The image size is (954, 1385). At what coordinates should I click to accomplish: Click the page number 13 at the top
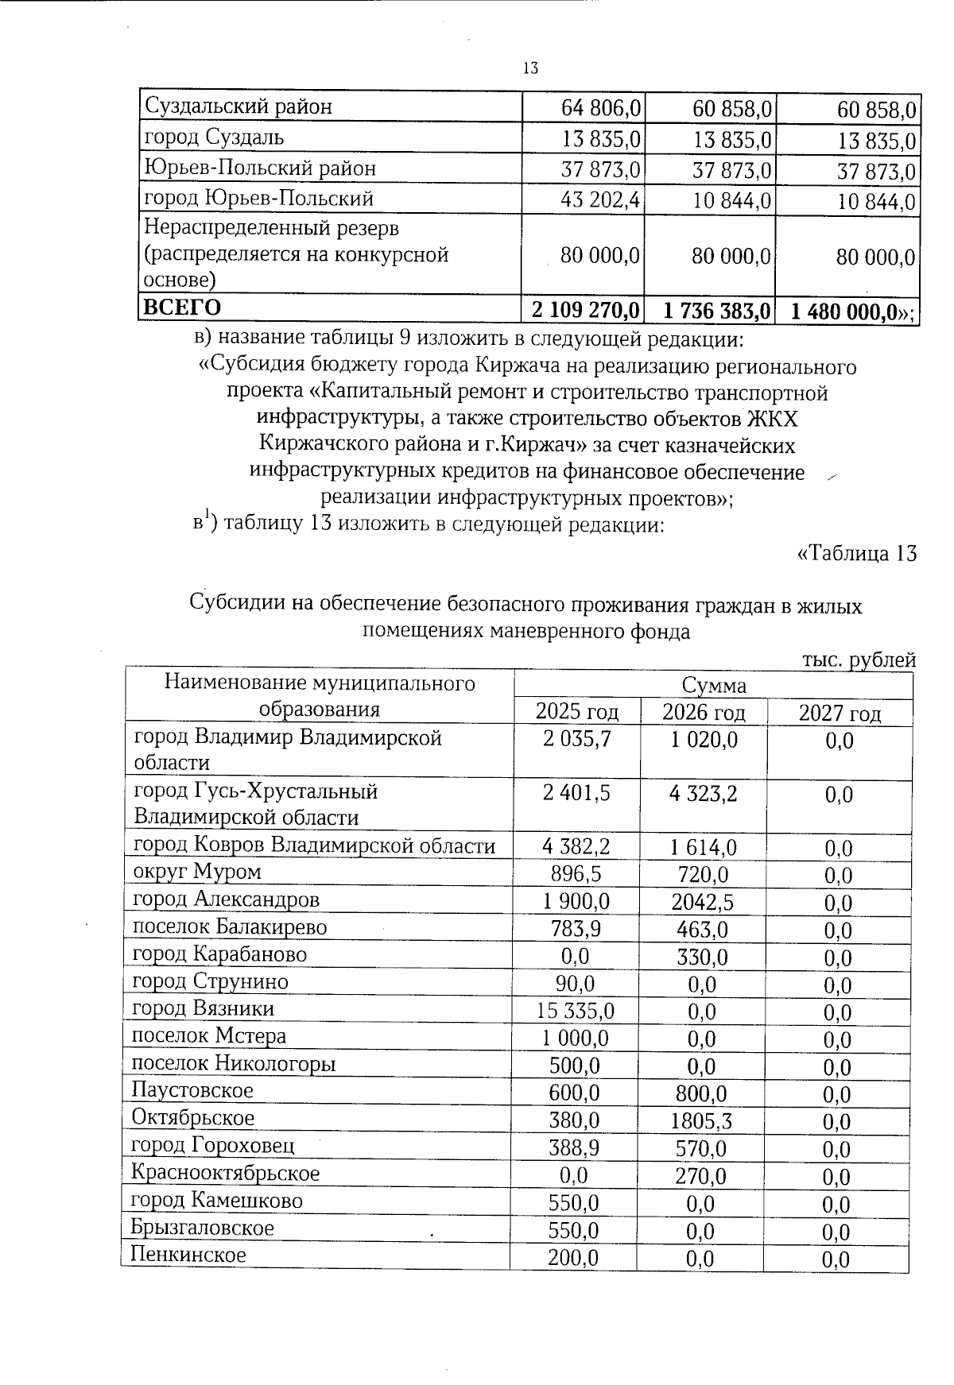click(x=530, y=68)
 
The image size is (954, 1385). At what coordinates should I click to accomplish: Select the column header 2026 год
click(x=704, y=710)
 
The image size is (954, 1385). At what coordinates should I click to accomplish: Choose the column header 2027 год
click(x=840, y=713)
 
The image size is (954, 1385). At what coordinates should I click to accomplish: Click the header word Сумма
click(x=713, y=685)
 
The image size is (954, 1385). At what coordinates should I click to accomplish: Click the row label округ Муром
click(x=196, y=872)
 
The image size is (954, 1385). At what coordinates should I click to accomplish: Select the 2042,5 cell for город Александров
click(x=700, y=903)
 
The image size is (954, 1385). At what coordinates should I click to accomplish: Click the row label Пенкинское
click(x=188, y=1255)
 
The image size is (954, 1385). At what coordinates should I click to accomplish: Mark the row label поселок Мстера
click(x=208, y=1036)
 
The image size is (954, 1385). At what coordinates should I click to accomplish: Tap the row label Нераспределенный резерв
click(x=270, y=228)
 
